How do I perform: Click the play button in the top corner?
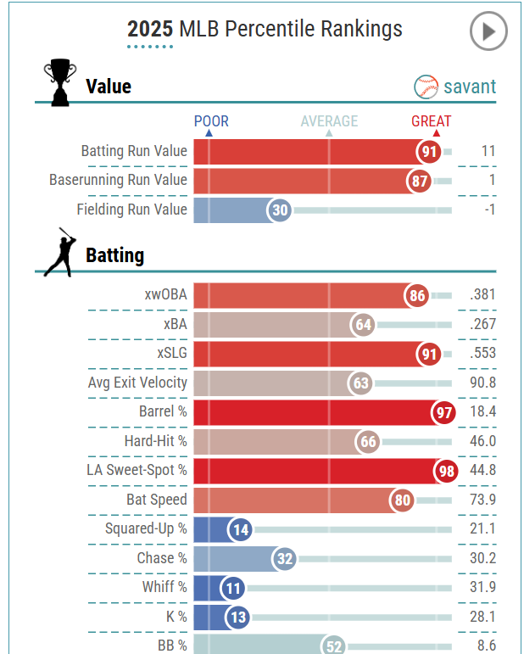(x=488, y=32)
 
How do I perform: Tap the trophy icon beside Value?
(x=59, y=82)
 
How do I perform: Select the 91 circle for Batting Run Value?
(x=429, y=152)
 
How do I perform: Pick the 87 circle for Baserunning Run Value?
(x=419, y=181)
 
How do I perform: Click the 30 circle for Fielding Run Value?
(x=279, y=210)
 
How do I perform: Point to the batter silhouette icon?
(x=59, y=252)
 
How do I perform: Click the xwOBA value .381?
(x=482, y=295)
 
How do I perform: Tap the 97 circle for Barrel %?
(x=443, y=412)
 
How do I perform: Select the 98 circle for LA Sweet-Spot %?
(x=445, y=471)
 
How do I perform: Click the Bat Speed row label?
(x=157, y=500)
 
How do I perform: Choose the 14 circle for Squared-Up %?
(x=241, y=529)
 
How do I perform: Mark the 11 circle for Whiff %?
(x=231, y=588)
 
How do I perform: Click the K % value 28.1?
(x=482, y=617)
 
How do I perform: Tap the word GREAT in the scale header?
(x=432, y=121)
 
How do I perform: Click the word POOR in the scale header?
(x=211, y=121)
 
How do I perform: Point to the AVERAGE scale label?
(x=329, y=121)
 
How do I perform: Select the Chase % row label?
(x=162, y=558)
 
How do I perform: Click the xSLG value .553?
(x=482, y=354)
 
